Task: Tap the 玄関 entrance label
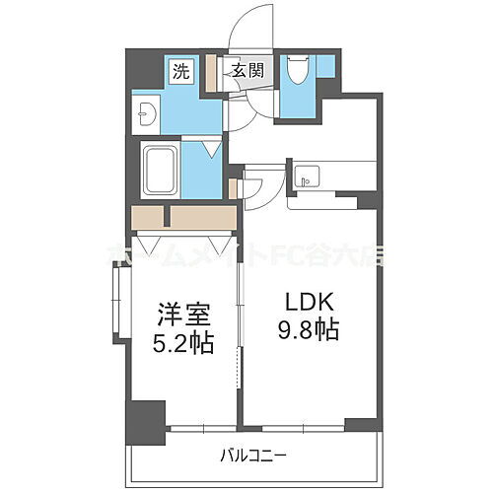coord(247,70)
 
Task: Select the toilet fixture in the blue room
coord(298,73)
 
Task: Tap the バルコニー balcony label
coord(252,456)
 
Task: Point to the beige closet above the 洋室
coord(182,217)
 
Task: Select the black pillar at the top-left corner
coord(143,67)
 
